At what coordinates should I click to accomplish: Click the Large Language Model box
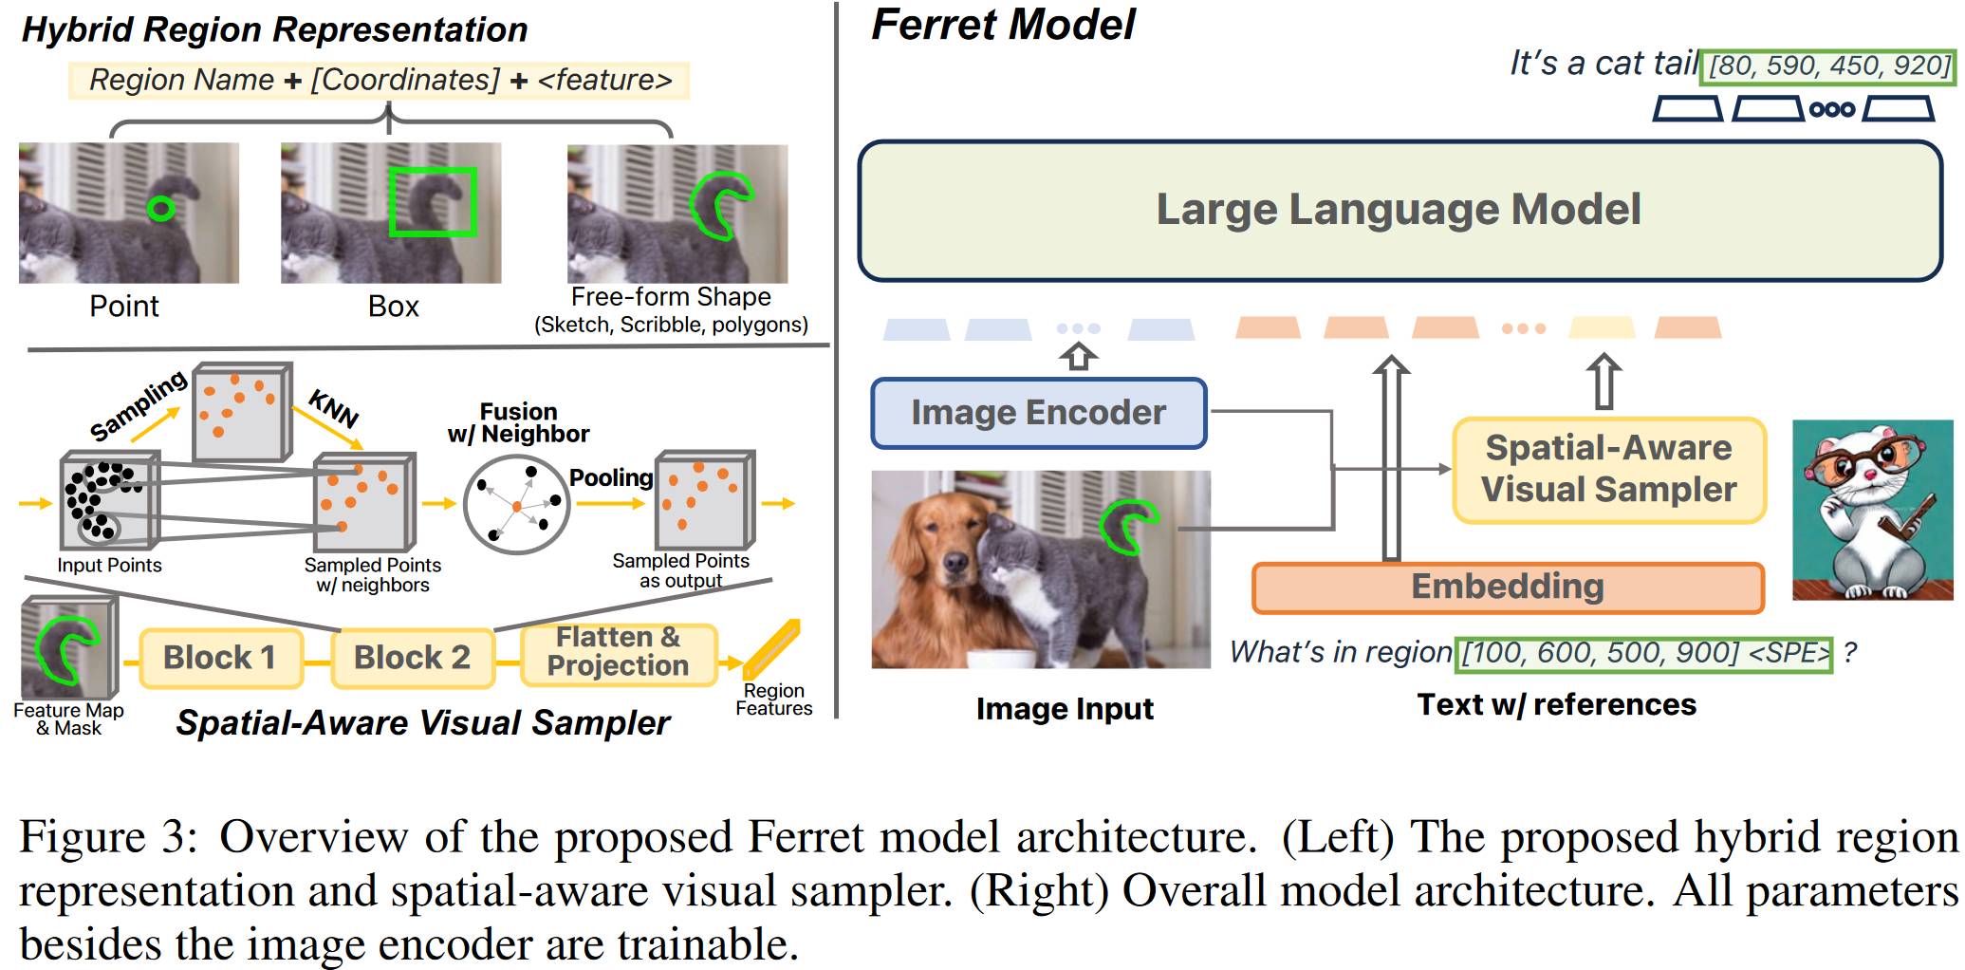pyautogui.click(x=1400, y=211)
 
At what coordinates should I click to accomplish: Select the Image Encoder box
pyautogui.click(x=1039, y=413)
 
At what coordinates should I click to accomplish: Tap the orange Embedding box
pyautogui.click(x=1508, y=588)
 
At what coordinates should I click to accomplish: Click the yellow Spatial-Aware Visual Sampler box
pyautogui.click(x=1609, y=470)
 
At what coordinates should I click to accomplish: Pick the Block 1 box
pyautogui.click(x=220, y=658)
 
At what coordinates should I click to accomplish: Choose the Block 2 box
pyautogui.click(x=413, y=658)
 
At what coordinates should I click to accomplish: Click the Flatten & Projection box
pyautogui.click(x=618, y=652)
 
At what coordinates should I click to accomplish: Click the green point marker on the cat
pyautogui.click(x=161, y=208)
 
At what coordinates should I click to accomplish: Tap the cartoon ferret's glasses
pyautogui.click(x=1863, y=462)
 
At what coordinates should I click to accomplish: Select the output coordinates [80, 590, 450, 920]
pyautogui.click(x=1828, y=65)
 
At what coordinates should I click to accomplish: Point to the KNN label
pyautogui.click(x=334, y=409)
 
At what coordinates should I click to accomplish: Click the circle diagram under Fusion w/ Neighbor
pyautogui.click(x=516, y=504)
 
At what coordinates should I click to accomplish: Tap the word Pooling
pyautogui.click(x=611, y=477)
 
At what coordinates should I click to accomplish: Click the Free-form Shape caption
pyautogui.click(x=671, y=297)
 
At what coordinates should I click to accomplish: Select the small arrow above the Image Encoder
pyautogui.click(x=1079, y=357)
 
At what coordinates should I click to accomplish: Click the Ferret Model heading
pyautogui.click(x=1003, y=24)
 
